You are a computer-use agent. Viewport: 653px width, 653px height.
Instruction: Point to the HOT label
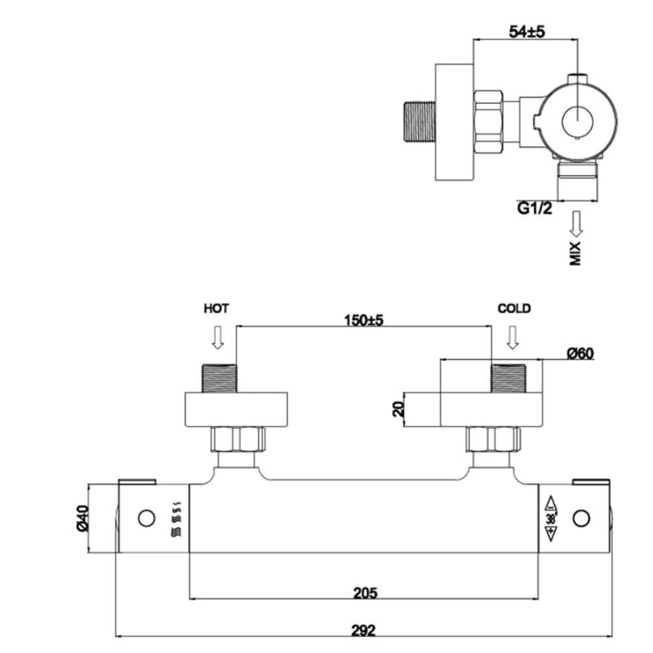216,308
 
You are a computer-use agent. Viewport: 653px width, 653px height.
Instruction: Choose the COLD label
514,308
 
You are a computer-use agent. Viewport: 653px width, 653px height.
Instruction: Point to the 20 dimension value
398,408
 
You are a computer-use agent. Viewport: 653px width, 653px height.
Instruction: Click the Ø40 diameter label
81,518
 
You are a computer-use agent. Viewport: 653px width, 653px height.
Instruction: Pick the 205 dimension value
365,593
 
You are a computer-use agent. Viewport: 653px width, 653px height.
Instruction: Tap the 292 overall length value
366,630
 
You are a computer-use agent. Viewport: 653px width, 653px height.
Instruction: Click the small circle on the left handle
147,518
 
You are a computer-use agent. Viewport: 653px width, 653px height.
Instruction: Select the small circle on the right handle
581,518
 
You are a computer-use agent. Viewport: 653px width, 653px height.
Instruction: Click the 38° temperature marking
550,518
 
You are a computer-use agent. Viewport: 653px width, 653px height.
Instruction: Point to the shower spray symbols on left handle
177,518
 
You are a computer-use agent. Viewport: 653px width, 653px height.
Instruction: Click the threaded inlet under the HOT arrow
219,376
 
